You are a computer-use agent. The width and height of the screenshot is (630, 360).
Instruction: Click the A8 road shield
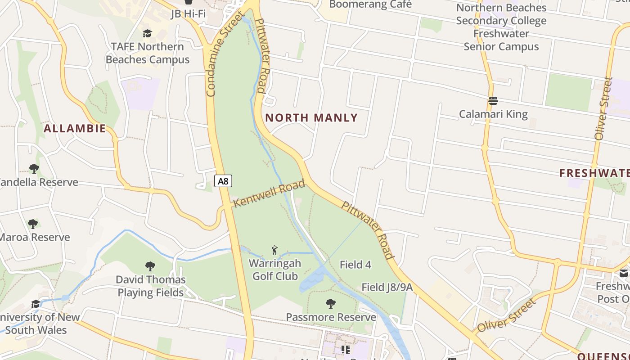(223, 181)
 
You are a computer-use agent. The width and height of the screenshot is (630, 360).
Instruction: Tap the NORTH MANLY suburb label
(311, 118)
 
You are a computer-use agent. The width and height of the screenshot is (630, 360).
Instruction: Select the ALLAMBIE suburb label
(75, 129)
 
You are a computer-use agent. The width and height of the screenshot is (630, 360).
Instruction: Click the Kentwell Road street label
(269, 193)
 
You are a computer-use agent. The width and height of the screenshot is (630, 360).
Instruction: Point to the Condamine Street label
(224, 56)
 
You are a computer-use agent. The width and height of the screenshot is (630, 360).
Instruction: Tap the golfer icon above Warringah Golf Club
(275, 250)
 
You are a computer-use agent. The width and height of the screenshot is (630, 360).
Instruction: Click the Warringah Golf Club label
(275, 270)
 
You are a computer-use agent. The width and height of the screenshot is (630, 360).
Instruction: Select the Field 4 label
(355, 265)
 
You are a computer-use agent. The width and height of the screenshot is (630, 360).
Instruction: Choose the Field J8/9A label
(387, 287)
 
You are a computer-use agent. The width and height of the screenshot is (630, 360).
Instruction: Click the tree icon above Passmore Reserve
(331, 304)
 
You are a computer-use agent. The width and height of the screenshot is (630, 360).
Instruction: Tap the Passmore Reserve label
(331, 317)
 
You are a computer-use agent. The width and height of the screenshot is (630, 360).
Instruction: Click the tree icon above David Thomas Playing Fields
(150, 266)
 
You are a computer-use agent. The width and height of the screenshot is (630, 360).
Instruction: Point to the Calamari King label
(493, 114)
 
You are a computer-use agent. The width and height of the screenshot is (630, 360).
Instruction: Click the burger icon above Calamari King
(493, 100)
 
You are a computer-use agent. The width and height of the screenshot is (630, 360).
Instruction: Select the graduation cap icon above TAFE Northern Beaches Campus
(147, 33)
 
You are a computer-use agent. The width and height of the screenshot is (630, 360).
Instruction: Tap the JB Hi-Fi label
(188, 13)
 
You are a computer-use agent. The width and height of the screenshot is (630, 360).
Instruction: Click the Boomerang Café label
(370, 4)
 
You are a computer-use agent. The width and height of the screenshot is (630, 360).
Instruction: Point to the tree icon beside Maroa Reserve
(32, 224)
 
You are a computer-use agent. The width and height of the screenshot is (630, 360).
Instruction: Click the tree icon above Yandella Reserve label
(34, 169)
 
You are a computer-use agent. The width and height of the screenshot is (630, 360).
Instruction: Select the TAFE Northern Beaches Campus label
(148, 53)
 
